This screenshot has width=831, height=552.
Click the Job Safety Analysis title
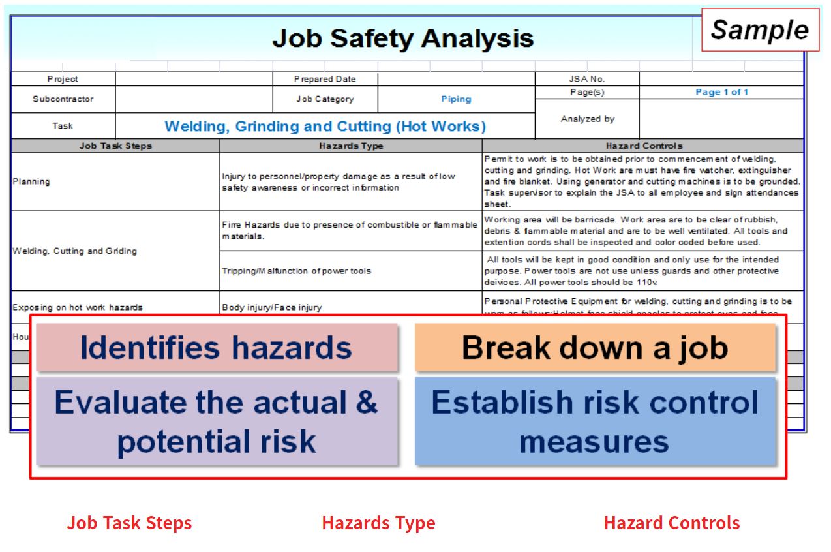tap(403, 38)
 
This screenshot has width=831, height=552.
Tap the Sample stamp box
tap(759, 30)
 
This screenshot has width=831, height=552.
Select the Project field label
tap(63, 79)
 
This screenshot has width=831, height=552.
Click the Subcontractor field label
tap(63, 99)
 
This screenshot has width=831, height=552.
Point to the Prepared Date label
tap(325, 79)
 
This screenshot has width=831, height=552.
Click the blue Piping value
tap(456, 99)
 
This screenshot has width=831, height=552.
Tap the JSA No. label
tap(587, 79)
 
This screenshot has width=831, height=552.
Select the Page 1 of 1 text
tap(721, 92)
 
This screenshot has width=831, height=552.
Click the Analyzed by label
tap(587, 119)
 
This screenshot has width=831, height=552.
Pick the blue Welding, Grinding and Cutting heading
tap(325, 126)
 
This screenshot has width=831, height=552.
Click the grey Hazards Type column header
tap(351, 146)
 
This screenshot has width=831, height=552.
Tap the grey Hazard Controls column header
tap(644, 146)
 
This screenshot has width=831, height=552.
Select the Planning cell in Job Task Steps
tap(31, 181)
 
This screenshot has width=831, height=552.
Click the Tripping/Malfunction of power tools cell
tap(296, 271)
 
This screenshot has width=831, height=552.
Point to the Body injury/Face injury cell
tap(271, 307)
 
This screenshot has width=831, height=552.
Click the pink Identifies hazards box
tap(216, 348)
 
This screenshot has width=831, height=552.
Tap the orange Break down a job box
tap(594, 348)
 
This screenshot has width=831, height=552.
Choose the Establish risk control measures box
tap(594, 421)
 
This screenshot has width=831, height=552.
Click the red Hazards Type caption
tap(378, 523)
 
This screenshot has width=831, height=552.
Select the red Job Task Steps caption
tap(129, 523)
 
